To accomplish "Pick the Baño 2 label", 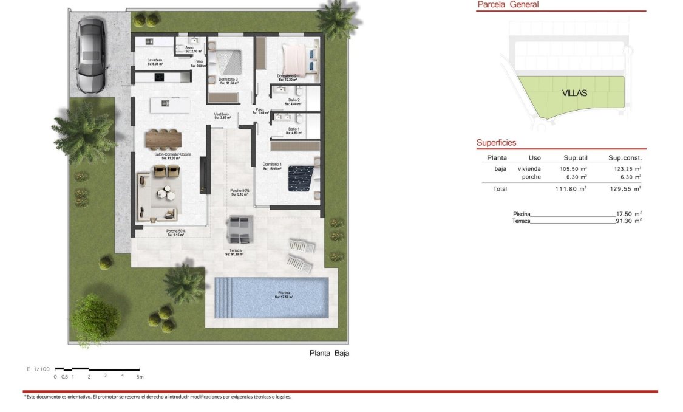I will point(294,101).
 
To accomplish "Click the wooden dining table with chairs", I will point(163,139).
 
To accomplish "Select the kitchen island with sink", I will point(169,105).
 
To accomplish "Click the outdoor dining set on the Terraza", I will point(237,230).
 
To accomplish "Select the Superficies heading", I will point(496,143).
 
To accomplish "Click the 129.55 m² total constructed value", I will point(625,189).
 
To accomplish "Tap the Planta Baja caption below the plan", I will point(330,352).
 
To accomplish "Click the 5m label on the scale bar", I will point(140,377).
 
